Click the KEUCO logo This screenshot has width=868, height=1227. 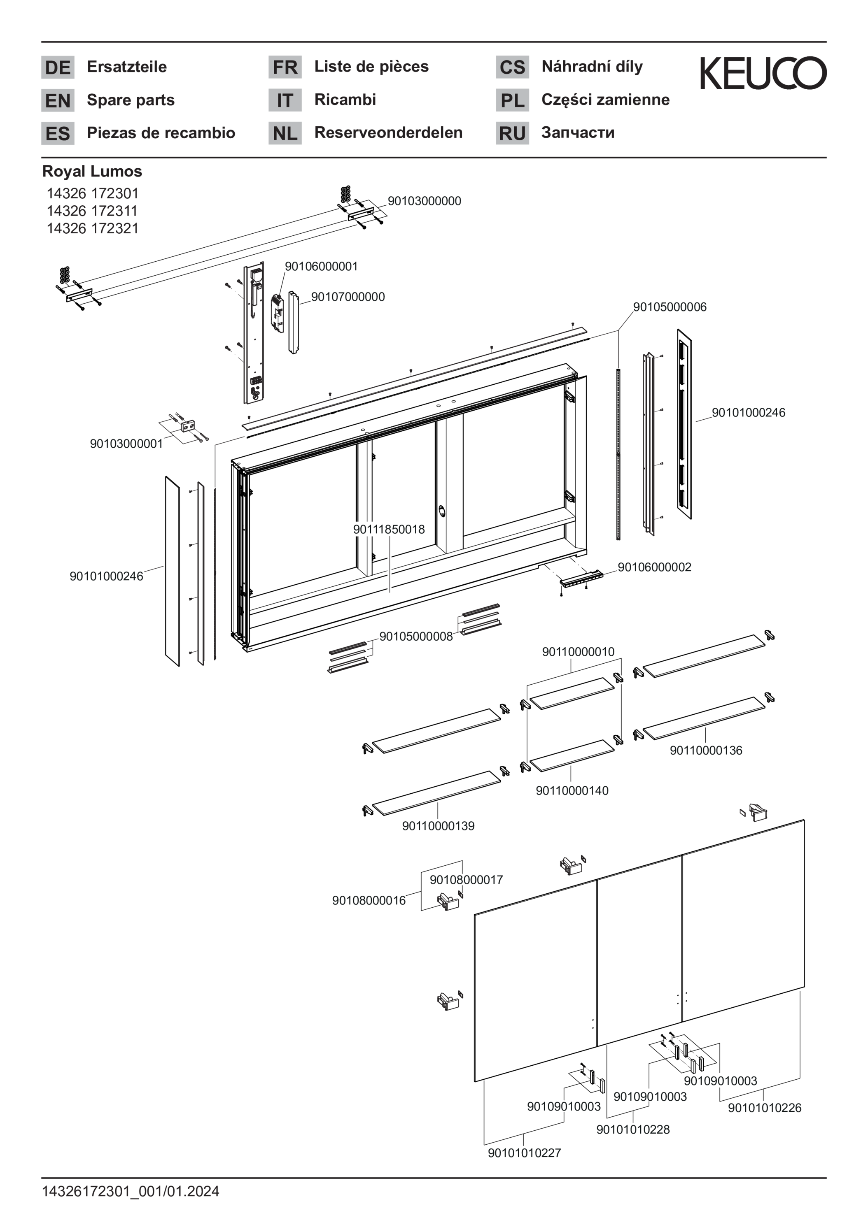pos(763,73)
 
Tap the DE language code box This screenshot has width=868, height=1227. pos(58,67)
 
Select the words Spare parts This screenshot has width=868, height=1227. pos(131,100)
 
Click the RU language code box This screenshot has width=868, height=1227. pos(512,133)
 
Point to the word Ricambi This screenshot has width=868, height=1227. pos(345,100)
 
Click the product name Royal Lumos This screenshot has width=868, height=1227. pos(92,172)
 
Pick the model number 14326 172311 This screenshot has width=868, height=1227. pos(92,211)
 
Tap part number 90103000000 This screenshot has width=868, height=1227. pos(424,201)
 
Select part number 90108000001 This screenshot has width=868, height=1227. pos(321,266)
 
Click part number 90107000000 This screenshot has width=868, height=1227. pos(348,297)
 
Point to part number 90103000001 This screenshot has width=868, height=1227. pos(126,444)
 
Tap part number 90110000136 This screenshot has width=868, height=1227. pos(706,750)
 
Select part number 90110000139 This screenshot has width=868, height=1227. pos(438,826)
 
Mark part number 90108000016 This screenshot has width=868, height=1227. pos(369,900)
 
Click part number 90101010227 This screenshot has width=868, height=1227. pos(524,1153)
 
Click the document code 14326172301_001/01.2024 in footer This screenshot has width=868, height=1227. pos(131,1191)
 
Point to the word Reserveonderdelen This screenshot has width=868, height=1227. pos(388,132)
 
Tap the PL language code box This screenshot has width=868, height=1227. pos(512,100)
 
